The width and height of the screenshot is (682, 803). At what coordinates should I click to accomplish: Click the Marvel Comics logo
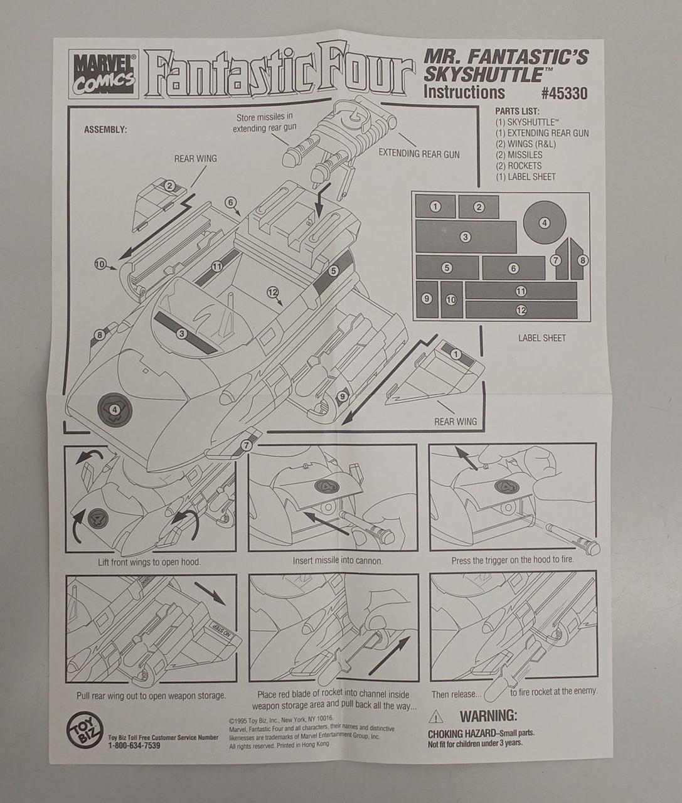[x=104, y=73]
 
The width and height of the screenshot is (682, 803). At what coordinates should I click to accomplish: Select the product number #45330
[x=564, y=93]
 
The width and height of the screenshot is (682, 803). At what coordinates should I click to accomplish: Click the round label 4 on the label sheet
[x=544, y=222]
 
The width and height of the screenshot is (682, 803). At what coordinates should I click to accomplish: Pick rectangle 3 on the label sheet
[x=466, y=237]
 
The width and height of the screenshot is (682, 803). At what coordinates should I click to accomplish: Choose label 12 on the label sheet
[x=521, y=310]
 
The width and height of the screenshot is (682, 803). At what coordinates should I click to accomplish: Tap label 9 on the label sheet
[x=427, y=299]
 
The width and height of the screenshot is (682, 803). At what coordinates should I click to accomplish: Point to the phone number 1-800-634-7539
[x=134, y=745]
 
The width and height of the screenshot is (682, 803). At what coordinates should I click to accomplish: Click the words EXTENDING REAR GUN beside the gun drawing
[x=419, y=154]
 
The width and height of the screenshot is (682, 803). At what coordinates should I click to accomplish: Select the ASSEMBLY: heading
[x=105, y=129]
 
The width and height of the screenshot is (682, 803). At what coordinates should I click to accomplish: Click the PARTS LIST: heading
[x=517, y=112]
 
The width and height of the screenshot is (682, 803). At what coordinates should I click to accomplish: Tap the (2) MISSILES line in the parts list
[x=519, y=154]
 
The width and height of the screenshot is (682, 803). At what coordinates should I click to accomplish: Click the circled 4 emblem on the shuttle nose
[x=114, y=409]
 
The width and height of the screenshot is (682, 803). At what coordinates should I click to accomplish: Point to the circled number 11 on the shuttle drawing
[x=216, y=266]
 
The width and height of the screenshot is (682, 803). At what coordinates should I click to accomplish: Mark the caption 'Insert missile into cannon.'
[x=338, y=561]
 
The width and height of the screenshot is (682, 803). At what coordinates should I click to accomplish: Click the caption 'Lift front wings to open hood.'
[x=149, y=561]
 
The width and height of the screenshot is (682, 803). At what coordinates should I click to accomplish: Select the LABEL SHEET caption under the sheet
[x=541, y=338]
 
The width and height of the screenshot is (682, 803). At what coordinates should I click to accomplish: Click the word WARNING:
[x=489, y=715]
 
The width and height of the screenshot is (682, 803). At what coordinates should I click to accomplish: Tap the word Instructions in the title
[x=464, y=92]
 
